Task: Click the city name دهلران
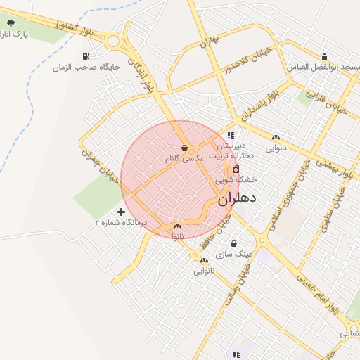point(237,198)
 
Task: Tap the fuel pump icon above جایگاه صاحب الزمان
point(86,56)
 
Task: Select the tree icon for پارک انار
point(10,24)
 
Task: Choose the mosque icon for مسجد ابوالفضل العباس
point(324,57)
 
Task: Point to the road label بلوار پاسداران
point(259,103)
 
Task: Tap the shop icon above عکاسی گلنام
point(184,148)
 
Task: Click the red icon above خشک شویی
point(236,169)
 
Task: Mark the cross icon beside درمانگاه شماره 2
point(122,212)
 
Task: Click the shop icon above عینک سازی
point(233,243)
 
